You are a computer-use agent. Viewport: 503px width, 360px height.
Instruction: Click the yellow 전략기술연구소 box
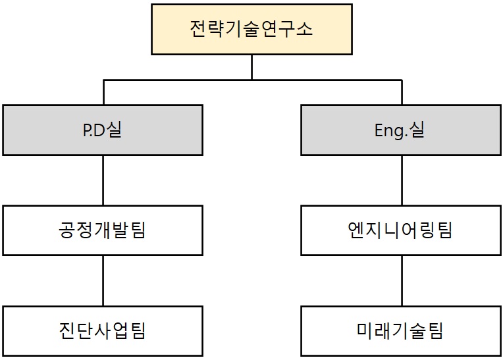(251, 30)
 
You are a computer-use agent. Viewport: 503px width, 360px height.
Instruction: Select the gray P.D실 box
(103, 130)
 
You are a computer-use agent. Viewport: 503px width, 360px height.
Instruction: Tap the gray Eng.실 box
(401, 130)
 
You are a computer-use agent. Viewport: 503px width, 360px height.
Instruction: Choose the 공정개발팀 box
(103, 230)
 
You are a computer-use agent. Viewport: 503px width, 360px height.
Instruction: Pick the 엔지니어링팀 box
(401, 230)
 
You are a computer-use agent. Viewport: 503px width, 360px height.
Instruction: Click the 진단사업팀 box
(103, 330)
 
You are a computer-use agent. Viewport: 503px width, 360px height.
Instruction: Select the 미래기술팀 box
(401, 330)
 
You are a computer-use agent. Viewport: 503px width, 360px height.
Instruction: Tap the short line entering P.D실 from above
(103, 92)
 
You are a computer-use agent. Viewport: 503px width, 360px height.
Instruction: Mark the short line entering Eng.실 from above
(402, 92)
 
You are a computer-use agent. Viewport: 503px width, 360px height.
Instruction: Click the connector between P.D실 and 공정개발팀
(103, 180)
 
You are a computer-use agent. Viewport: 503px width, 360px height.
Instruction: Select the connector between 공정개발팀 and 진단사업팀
(103, 280)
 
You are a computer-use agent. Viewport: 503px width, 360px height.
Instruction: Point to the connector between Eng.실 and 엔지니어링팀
(402, 180)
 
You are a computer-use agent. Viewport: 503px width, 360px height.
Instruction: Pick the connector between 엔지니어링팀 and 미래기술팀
(402, 280)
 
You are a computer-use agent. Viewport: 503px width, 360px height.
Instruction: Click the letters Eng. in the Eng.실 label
(392, 130)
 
